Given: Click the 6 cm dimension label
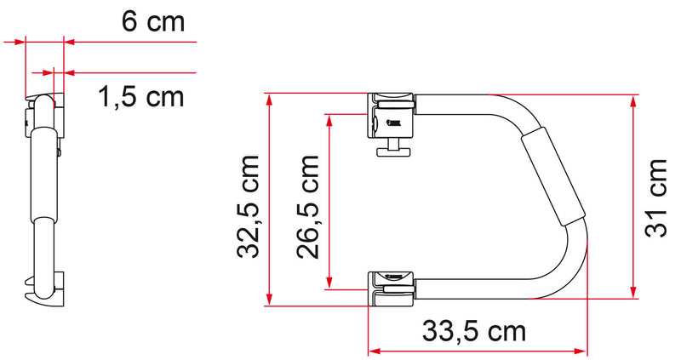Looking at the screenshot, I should coord(152,21).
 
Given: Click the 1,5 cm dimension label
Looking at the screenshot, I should coord(141,96).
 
